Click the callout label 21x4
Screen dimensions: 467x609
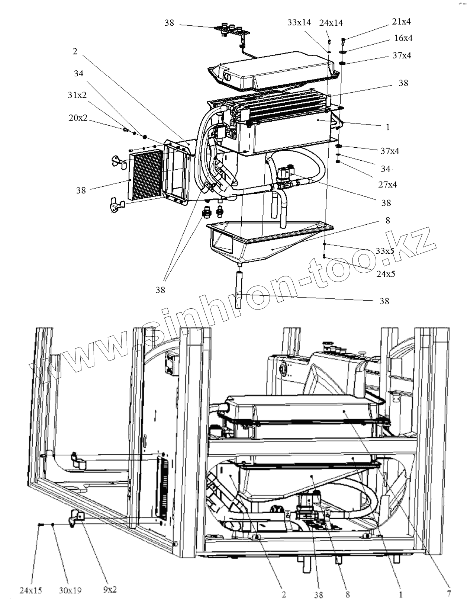401,22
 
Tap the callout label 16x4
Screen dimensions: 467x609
403,38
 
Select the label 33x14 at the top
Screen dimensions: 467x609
299,22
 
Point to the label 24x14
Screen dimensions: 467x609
331,23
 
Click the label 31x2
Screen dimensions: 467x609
77,95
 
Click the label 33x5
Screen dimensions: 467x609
384,251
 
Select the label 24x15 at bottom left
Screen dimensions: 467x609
31,590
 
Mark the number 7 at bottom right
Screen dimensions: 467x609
449,594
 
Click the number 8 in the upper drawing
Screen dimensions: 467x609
388,220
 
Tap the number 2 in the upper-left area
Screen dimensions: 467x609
75,51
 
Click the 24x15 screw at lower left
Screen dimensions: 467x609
41,524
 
